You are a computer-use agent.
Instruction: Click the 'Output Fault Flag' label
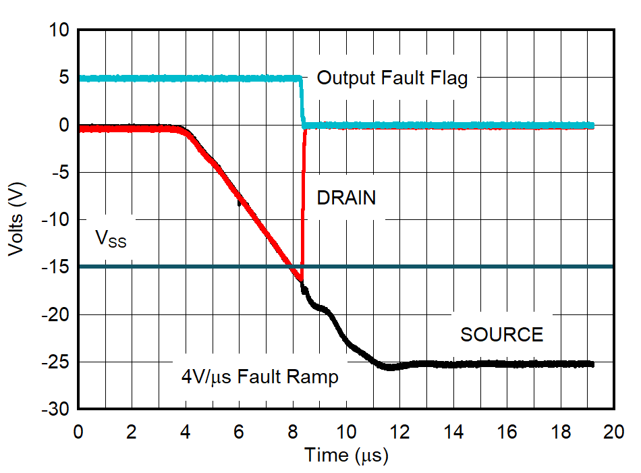coord(392,78)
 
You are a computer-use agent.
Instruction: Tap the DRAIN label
coord(346,198)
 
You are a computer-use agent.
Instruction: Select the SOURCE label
coord(501,335)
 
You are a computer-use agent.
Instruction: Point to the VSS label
coord(111,239)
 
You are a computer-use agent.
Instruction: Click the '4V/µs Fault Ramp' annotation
coord(260,377)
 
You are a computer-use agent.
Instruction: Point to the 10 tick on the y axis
coord(60,30)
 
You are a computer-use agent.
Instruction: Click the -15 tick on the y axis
coord(57,267)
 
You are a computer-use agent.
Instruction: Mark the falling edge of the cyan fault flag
coord(302,101)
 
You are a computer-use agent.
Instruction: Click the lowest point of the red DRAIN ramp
coord(301,281)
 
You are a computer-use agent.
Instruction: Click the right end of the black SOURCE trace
coord(592,364)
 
